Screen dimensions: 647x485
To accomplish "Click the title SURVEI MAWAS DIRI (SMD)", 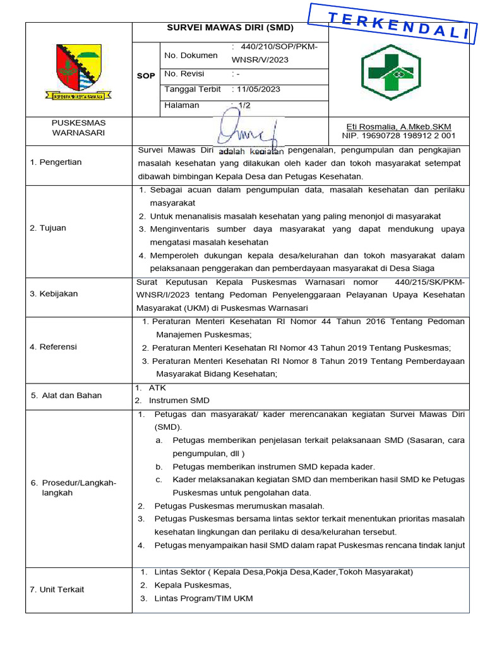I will coord(231,28).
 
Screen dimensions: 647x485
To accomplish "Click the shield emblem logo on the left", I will coord(78,71).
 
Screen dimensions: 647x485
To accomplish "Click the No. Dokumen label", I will coord(191,56).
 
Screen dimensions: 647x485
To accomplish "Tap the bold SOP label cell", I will coord(146,76).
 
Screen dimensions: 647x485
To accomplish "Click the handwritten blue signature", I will coord(248,131).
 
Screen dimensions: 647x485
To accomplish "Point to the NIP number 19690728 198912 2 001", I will coord(398,136).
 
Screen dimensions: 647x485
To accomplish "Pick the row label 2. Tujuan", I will coord(48,228).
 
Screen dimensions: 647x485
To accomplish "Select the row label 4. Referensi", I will coord(54,347).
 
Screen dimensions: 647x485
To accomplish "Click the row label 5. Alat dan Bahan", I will coord(66,396).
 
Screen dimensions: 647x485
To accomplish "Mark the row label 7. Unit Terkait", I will coord(57,590).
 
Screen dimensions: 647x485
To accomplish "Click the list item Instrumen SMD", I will coord(179,401).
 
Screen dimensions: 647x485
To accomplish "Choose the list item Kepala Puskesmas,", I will coord(193,585).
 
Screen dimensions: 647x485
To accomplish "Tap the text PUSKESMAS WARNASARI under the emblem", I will coord(78,128).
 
